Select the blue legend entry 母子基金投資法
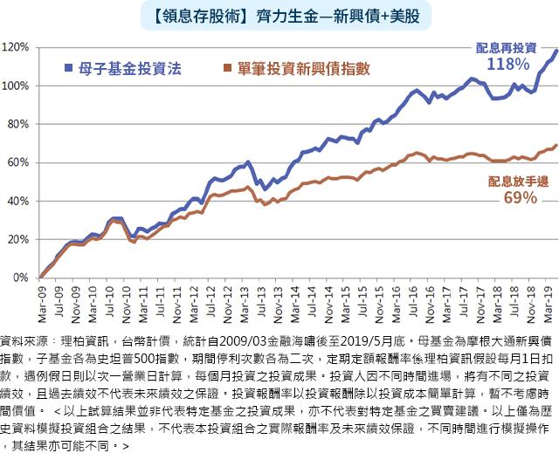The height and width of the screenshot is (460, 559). point(129,68)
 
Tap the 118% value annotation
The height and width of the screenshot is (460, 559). point(507,65)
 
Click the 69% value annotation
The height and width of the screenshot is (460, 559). point(519,197)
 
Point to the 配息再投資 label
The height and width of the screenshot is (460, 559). point(507,47)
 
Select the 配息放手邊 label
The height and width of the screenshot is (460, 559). point(518,181)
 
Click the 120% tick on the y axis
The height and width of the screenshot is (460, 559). point(17,48)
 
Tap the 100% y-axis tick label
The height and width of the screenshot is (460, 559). point(17,86)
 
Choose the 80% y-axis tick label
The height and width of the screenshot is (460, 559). point(19,124)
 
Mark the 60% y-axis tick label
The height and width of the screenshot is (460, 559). point(19,162)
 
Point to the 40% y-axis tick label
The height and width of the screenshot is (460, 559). point(19,201)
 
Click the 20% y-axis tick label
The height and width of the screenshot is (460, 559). point(19,239)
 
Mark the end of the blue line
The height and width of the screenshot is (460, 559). point(556,51)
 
